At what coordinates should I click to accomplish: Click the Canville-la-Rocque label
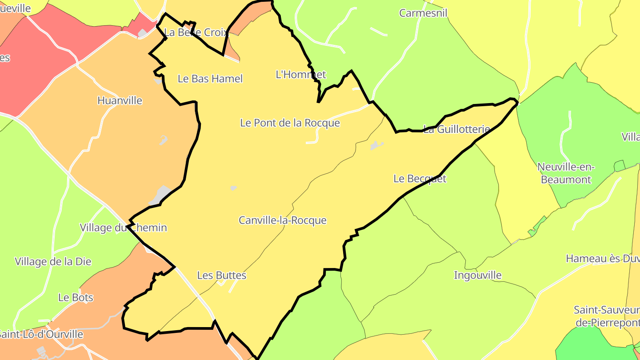pyautogui.click(x=283, y=220)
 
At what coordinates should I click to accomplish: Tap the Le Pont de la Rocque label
pyautogui.click(x=290, y=123)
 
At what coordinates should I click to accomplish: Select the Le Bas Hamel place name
pyautogui.click(x=210, y=79)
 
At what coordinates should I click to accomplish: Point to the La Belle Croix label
pyautogui.click(x=196, y=32)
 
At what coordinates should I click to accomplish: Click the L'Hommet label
pyautogui.click(x=301, y=75)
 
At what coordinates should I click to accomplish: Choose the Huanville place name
pyautogui.click(x=120, y=101)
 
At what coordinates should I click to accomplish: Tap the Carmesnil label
pyautogui.click(x=423, y=13)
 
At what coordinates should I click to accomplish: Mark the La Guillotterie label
pyautogui.click(x=456, y=130)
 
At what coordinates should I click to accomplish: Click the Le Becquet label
pyautogui.click(x=420, y=179)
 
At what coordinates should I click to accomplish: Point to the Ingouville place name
pyautogui.click(x=477, y=276)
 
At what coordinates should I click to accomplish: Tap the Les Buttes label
pyautogui.click(x=221, y=276)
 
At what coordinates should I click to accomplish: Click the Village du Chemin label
pyautogui.click(x=123, y=228)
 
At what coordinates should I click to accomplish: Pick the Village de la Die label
pyautogui.click(x=53, y=261)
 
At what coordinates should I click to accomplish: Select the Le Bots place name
pyautogui.click(x=76, y=297)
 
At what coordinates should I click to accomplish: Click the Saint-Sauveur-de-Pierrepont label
pyautogui.click(x=607, y=316)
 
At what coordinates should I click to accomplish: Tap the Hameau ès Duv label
pyautogui.click(x=602, y=259)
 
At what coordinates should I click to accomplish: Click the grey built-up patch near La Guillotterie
pyautogui.click(x=376, y=145)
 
